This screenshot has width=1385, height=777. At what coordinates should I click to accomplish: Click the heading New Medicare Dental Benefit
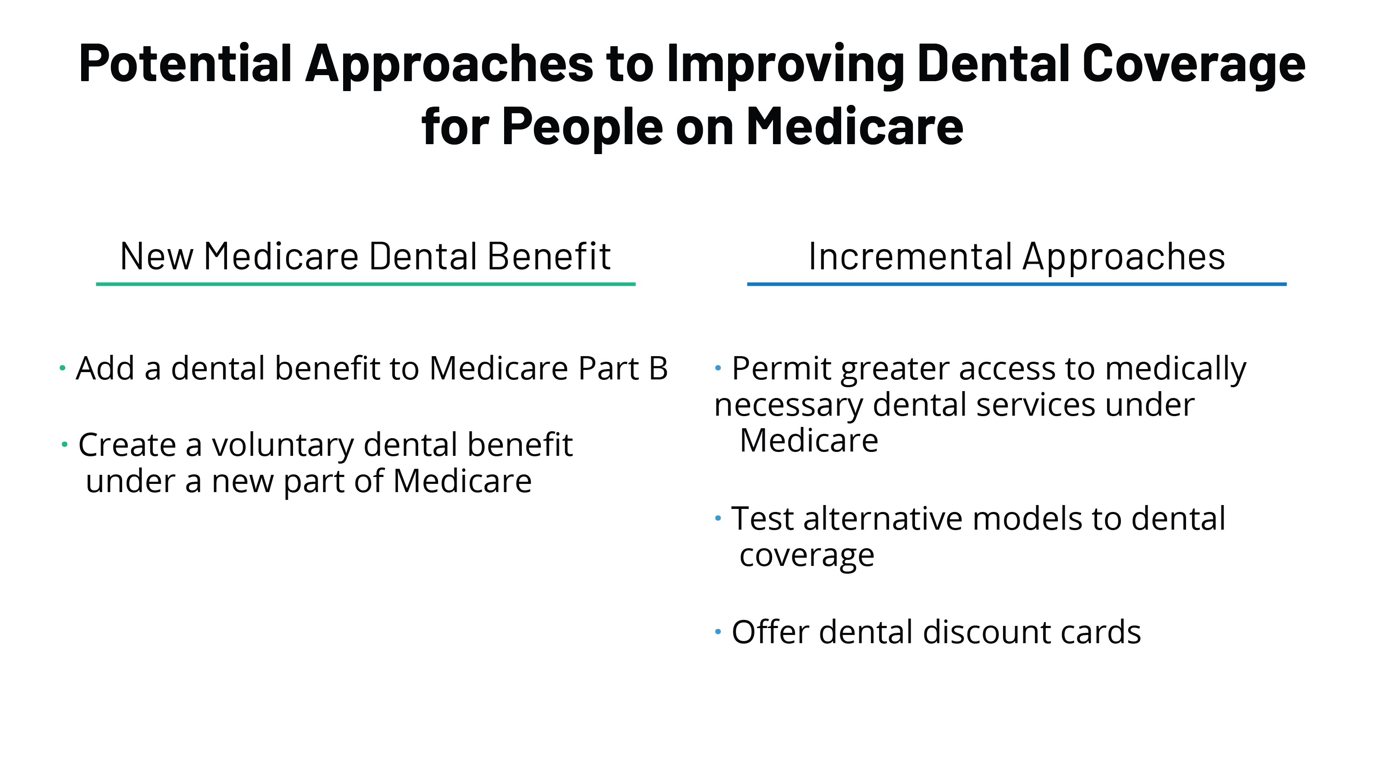[x=365, y=256]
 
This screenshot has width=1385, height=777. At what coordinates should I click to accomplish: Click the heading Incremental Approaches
[x=1017, y=257]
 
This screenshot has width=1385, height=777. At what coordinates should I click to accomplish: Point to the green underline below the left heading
[x=366, y=284]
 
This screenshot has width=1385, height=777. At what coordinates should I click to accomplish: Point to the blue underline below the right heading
[x=1017, y=284]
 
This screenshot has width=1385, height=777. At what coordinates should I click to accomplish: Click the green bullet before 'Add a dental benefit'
[x=63, y=368]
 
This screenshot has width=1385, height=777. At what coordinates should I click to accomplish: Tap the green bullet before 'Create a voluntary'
[x=64, y=445]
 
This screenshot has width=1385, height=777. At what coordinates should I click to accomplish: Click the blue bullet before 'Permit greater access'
[x=718, y=368]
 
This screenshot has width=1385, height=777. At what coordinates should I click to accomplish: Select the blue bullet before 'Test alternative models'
[x=718, y=518]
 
